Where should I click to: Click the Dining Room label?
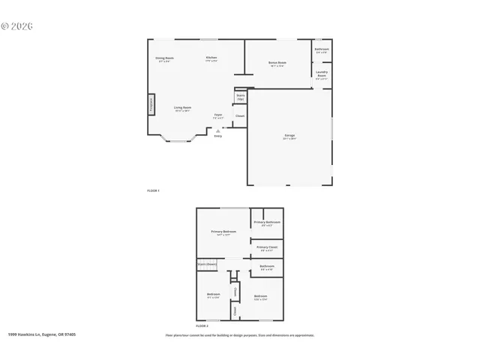[x=165, y=59]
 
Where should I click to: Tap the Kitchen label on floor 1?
[x=211, y=59]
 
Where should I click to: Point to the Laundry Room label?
[x=322, y=75]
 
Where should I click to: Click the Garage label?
[x=289, y=137]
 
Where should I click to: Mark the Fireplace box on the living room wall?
[x=151, y=103]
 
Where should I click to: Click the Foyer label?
[x=218, y=116]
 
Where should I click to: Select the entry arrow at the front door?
[x=218, y=132]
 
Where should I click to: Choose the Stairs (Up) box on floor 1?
[x=241, y=97]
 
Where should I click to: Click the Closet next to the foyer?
[x=240, y=116]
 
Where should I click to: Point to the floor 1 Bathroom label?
[x=322, y=51]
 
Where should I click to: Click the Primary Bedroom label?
[x=223, y=233]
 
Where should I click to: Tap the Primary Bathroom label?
[x=267, y=223]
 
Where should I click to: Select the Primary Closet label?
[x=267, y=248]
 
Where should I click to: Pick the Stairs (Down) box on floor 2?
[x=208, y=264]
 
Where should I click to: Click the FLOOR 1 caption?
[x=154, y=192]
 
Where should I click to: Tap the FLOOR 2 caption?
[x=202, y=326]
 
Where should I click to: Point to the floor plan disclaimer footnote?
[x=240, y=335]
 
